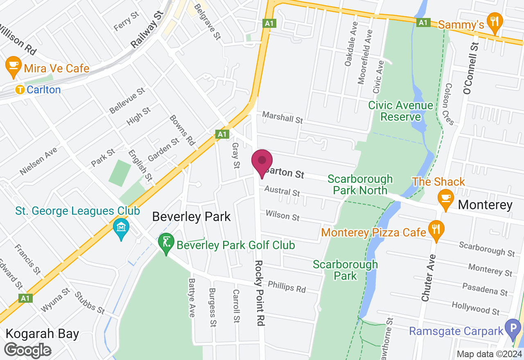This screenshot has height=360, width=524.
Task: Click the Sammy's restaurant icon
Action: (495, 22)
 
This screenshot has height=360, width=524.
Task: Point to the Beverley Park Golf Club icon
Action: (166, 243)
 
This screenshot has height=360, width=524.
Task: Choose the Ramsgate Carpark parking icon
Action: (513, 328)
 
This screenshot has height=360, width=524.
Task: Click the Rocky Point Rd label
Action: (259, 292)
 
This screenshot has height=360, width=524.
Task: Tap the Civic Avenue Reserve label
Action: (400, 111)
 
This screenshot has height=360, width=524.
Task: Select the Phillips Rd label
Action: (287, 287)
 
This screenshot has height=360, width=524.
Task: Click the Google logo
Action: (27, 350)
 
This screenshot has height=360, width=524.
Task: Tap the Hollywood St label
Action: (476, 308)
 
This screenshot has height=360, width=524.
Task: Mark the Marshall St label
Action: (282, 117)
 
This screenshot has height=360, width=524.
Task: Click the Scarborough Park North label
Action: (360, 184)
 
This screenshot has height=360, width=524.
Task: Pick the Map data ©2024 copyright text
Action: (489, 354)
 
